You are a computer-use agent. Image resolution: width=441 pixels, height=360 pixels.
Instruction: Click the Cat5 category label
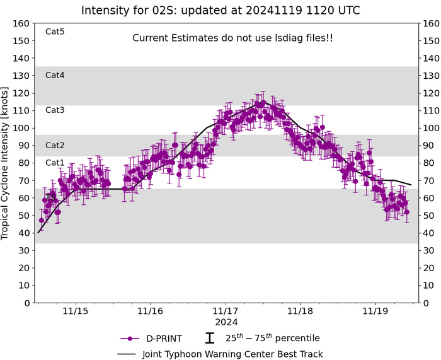[55, 32]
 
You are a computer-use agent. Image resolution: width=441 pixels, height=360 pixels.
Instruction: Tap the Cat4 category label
[55, 75]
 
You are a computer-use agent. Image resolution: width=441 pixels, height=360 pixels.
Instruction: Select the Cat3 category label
[55, 110]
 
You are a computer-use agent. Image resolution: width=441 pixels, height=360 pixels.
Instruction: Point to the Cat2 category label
[55, 146]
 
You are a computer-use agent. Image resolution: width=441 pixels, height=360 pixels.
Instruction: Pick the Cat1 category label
[55, 163]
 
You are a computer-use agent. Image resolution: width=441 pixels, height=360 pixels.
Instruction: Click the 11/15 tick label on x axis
[75, 311]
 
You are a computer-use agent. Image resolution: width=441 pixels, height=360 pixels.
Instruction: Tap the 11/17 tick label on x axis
[226, 311]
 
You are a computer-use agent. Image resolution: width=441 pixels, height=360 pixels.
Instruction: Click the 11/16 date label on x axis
[150, 311]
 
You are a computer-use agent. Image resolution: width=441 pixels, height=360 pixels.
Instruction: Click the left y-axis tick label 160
[22, 23]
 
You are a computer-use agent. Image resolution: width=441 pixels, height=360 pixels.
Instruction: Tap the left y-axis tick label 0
[27, 303]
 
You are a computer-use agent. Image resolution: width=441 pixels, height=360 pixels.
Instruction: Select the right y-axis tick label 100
[432, 128]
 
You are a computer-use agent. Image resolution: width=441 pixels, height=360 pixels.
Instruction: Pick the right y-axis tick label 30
[429, 251]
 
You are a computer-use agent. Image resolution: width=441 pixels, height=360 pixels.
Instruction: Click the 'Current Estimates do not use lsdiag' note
[232, 38]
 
